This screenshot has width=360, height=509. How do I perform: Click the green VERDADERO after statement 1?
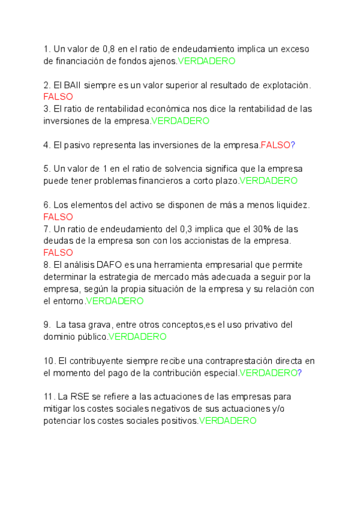coord(206,61)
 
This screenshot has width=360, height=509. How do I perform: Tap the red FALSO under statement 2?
coord(58,97)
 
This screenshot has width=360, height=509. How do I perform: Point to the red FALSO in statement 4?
coord(275,145)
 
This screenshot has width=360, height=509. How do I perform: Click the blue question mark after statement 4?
coord(293,145)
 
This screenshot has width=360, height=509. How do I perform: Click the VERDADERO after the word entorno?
coord(115,301)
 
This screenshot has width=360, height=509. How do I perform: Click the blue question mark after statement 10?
coord(299,373)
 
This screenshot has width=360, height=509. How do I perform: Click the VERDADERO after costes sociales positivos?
coord(227,421)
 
